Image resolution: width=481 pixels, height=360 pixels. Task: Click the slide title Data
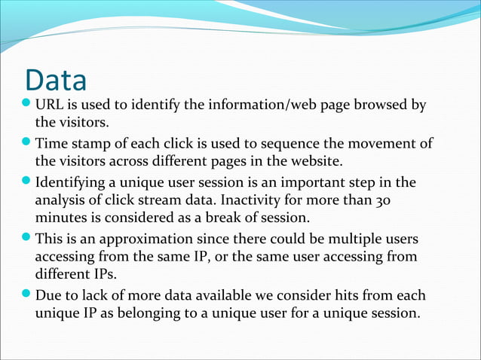click(x=56, y=81)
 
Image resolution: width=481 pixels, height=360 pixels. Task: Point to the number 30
click(x=383, y=201)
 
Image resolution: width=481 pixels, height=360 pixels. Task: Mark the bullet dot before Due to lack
click(x=28, y=294)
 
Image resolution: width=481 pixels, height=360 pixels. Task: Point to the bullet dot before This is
click(x=28, y=239)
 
